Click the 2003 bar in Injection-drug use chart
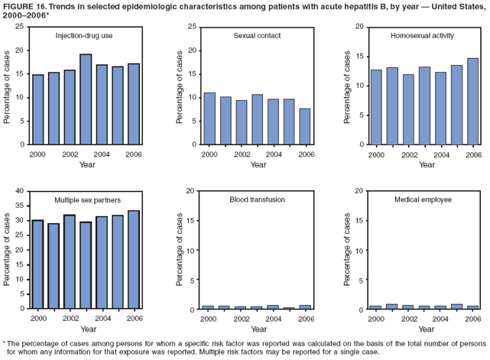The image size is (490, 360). pyautogui.click(x=86, y=99)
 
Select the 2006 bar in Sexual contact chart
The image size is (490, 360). pyautogui.click(x=305, y=126)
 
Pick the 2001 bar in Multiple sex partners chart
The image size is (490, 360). pyautogui.click(x=54, y=266)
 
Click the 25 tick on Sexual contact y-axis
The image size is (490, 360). pyautogui.click(x=193, y=27)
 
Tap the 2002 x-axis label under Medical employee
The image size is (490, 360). pyautogui.click(x=409, y=318)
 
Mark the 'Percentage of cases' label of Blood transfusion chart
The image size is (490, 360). pyautogui.click(x=180, y=249)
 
